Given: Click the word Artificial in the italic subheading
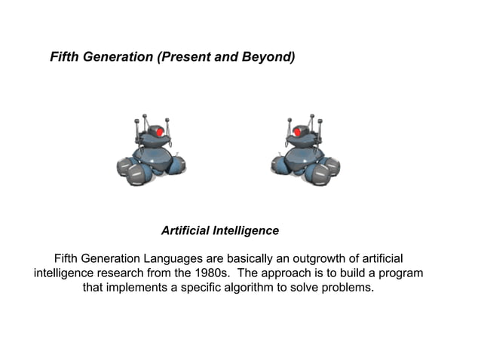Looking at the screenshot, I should coord(185,230).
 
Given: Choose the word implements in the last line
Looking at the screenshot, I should coord(139,288).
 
